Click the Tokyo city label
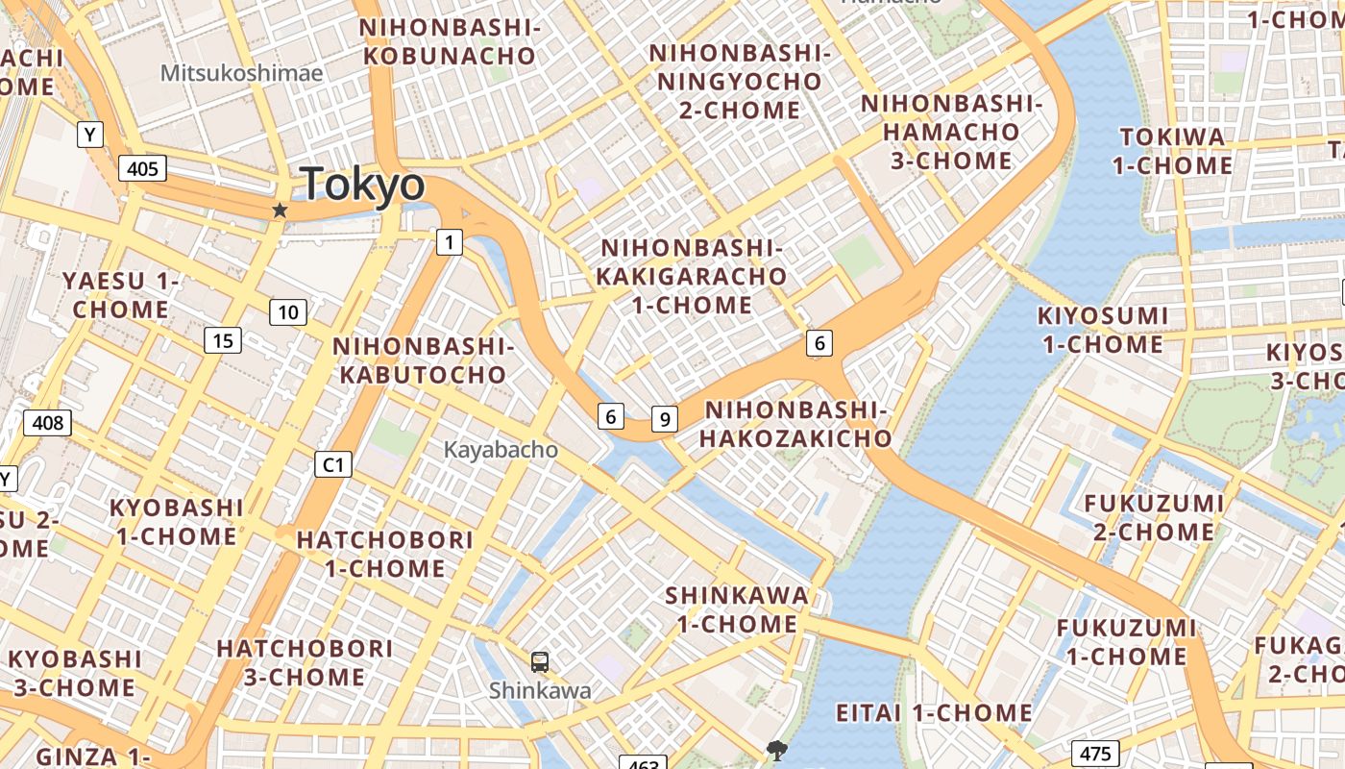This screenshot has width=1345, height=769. pos(362,184)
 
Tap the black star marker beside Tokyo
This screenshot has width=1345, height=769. pos(280,210)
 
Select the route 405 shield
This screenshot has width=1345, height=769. pos(142,169)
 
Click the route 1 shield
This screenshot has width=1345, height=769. pos(449,242)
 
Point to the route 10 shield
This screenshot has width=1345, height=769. pos(288,311)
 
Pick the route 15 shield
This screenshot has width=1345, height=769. pos(223,340)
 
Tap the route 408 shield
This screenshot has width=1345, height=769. pos(47,422)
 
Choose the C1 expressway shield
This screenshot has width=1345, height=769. pos(333,465)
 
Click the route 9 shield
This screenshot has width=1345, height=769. pos(664,419)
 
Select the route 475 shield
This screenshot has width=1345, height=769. pos(1095,754)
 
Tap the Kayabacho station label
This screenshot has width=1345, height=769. pos(500,449)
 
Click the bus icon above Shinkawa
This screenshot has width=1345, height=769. pos(540,661)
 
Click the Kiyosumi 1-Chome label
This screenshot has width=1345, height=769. pos(1102,330)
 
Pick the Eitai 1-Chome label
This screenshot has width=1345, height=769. pos(934,712)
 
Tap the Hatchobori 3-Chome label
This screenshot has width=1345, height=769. pos(305,662)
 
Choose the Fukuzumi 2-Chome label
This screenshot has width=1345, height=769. pos(1154,517)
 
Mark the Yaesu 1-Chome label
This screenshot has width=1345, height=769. pos(121,295)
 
